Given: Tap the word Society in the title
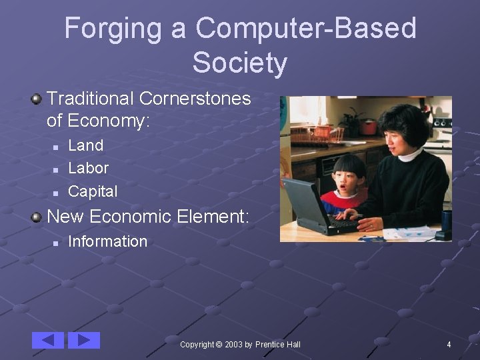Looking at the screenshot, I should point(240,63).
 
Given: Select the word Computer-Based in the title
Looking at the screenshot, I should point(306,29).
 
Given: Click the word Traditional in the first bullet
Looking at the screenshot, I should point(91,99).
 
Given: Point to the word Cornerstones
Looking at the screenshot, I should point(195,99).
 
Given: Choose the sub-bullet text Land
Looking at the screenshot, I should point(86,145).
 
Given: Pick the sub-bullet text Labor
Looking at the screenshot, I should point(88,168).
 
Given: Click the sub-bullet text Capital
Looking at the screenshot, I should point(93,191).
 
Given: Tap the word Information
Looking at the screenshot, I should point(107,241).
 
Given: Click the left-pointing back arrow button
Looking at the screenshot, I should point(48,340).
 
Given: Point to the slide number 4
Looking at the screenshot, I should point(449,345).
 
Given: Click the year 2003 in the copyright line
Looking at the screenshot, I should point(233,345).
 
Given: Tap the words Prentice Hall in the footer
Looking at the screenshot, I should point(278,345).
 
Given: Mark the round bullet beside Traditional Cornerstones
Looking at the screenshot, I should point(37,99).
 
